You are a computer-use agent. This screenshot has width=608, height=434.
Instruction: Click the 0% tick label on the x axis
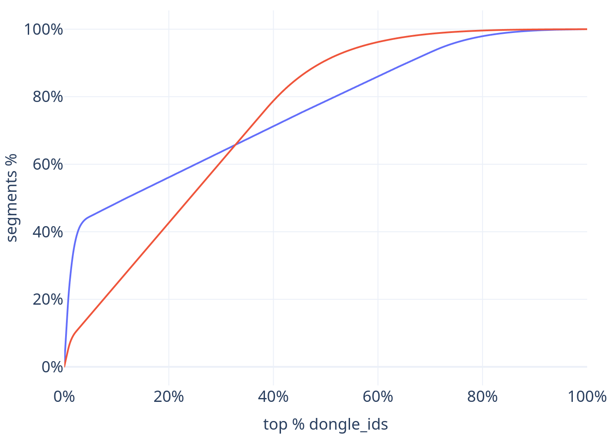click(x=64, y=397)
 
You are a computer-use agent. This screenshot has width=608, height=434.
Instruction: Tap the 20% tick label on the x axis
click(x=169, y=397)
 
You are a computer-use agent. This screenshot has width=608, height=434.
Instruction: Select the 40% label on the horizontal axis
click(x=273, y=397)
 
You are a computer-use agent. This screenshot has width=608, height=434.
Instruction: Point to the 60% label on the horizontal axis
click(x=378, y=397)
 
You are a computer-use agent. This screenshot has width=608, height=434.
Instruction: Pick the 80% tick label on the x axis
click(x=482, y=397)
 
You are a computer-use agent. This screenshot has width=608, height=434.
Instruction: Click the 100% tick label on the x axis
click(x=587, y=397)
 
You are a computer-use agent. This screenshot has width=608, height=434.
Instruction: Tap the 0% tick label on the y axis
click(x=53, y=367)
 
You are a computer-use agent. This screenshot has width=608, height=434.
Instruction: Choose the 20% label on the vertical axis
click(x=48, y=299)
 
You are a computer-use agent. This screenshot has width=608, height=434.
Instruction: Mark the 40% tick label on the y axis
click(x=48, y=232)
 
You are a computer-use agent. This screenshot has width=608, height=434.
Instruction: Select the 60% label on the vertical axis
click(x=48, y=164)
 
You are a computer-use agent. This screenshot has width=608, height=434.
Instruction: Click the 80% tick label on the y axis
click(x=48, y=97)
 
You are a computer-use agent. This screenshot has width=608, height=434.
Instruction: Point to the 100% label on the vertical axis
click(x=43, y=30)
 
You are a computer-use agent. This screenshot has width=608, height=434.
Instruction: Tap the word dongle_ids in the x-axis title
click(x=348, y=424)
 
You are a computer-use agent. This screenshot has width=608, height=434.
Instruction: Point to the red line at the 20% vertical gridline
click(x=169, y=223)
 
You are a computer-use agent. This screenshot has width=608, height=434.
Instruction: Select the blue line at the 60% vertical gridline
click(x=378, y=77)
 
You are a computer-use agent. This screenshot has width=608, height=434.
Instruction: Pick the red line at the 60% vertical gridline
click(x=378, y=42)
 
